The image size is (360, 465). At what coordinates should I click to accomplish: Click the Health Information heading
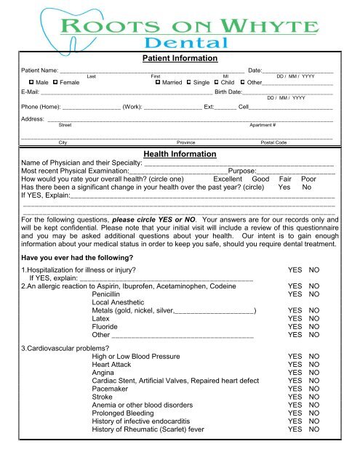(x=180, y=154)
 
